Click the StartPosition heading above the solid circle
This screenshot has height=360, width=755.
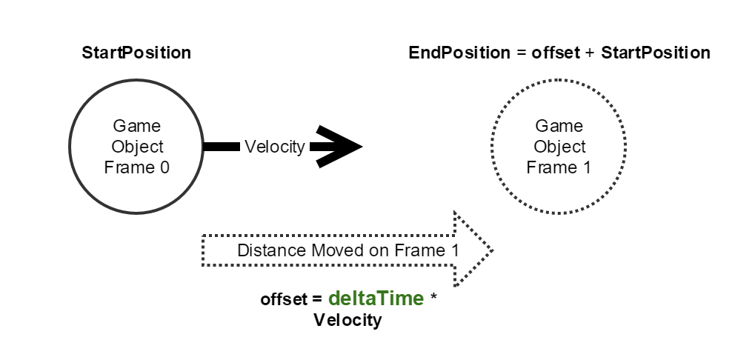pos(136,53)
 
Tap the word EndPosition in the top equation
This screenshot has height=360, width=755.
pos(459,53)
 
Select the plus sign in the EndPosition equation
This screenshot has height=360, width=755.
pos(591,53)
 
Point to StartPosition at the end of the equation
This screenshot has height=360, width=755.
pos(656,53)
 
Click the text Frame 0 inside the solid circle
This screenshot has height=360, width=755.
pos(136,167)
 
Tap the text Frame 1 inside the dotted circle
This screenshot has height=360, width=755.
pos(559,167)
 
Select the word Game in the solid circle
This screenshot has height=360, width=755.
pos(136,125)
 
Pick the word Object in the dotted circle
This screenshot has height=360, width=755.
pos(559,147)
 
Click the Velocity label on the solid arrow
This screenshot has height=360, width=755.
pos(274,147)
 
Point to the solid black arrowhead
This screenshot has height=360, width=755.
pos(341,147)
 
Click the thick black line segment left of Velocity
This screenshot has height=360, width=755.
pos(220,147)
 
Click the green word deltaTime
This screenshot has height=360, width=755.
pos(376,299)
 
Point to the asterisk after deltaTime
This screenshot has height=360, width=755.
pos(435,299)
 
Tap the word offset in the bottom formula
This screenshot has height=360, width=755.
pos(282,299)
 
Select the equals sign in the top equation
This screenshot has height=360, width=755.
pos(522,53)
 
